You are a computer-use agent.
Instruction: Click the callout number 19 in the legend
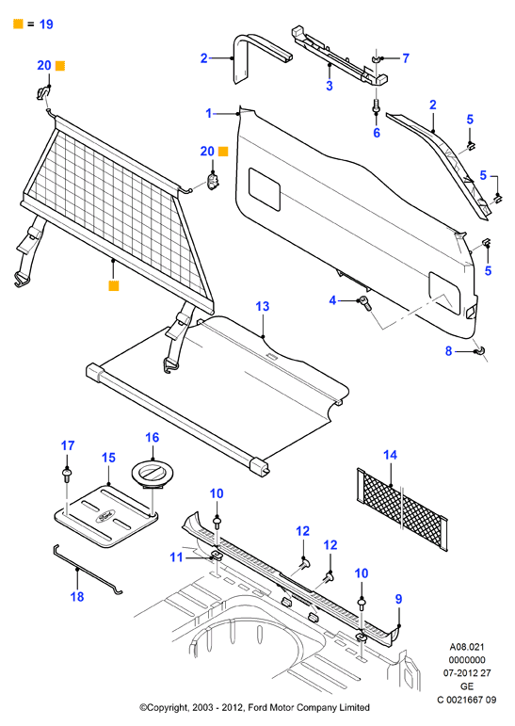46,24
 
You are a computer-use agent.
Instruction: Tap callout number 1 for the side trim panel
209,113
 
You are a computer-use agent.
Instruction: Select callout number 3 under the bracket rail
330,86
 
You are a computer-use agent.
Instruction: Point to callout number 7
406,58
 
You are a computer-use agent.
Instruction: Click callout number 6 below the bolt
377,133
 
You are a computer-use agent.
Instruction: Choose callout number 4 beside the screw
332,300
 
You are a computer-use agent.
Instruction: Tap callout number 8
448,351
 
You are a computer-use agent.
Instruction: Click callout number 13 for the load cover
262,307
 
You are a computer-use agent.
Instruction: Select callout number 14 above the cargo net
391,455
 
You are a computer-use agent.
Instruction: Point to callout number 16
152,438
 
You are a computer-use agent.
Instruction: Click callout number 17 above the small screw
68,446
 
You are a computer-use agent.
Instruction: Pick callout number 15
108,458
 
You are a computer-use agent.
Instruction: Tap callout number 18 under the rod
77,597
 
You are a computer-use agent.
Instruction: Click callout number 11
176,557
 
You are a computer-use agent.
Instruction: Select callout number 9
399,599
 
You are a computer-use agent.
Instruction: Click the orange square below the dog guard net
114,285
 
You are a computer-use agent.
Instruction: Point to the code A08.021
467,647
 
